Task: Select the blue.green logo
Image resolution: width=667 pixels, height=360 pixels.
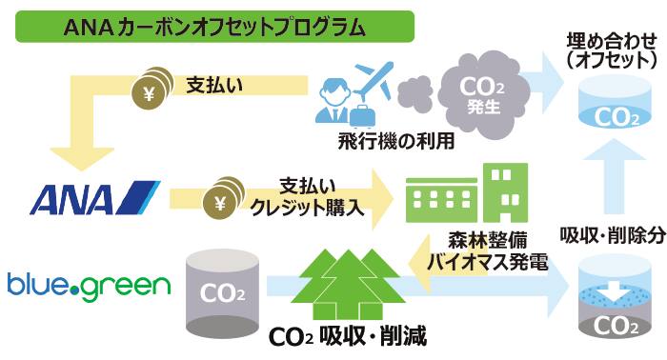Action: coord(88,285)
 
